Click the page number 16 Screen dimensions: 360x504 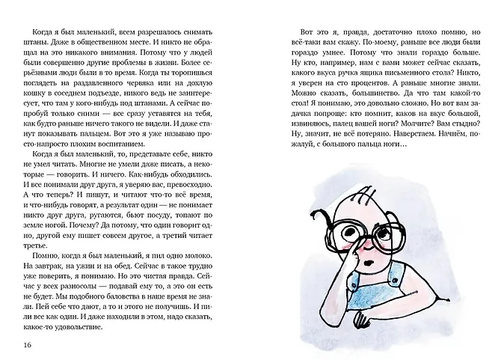28,344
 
